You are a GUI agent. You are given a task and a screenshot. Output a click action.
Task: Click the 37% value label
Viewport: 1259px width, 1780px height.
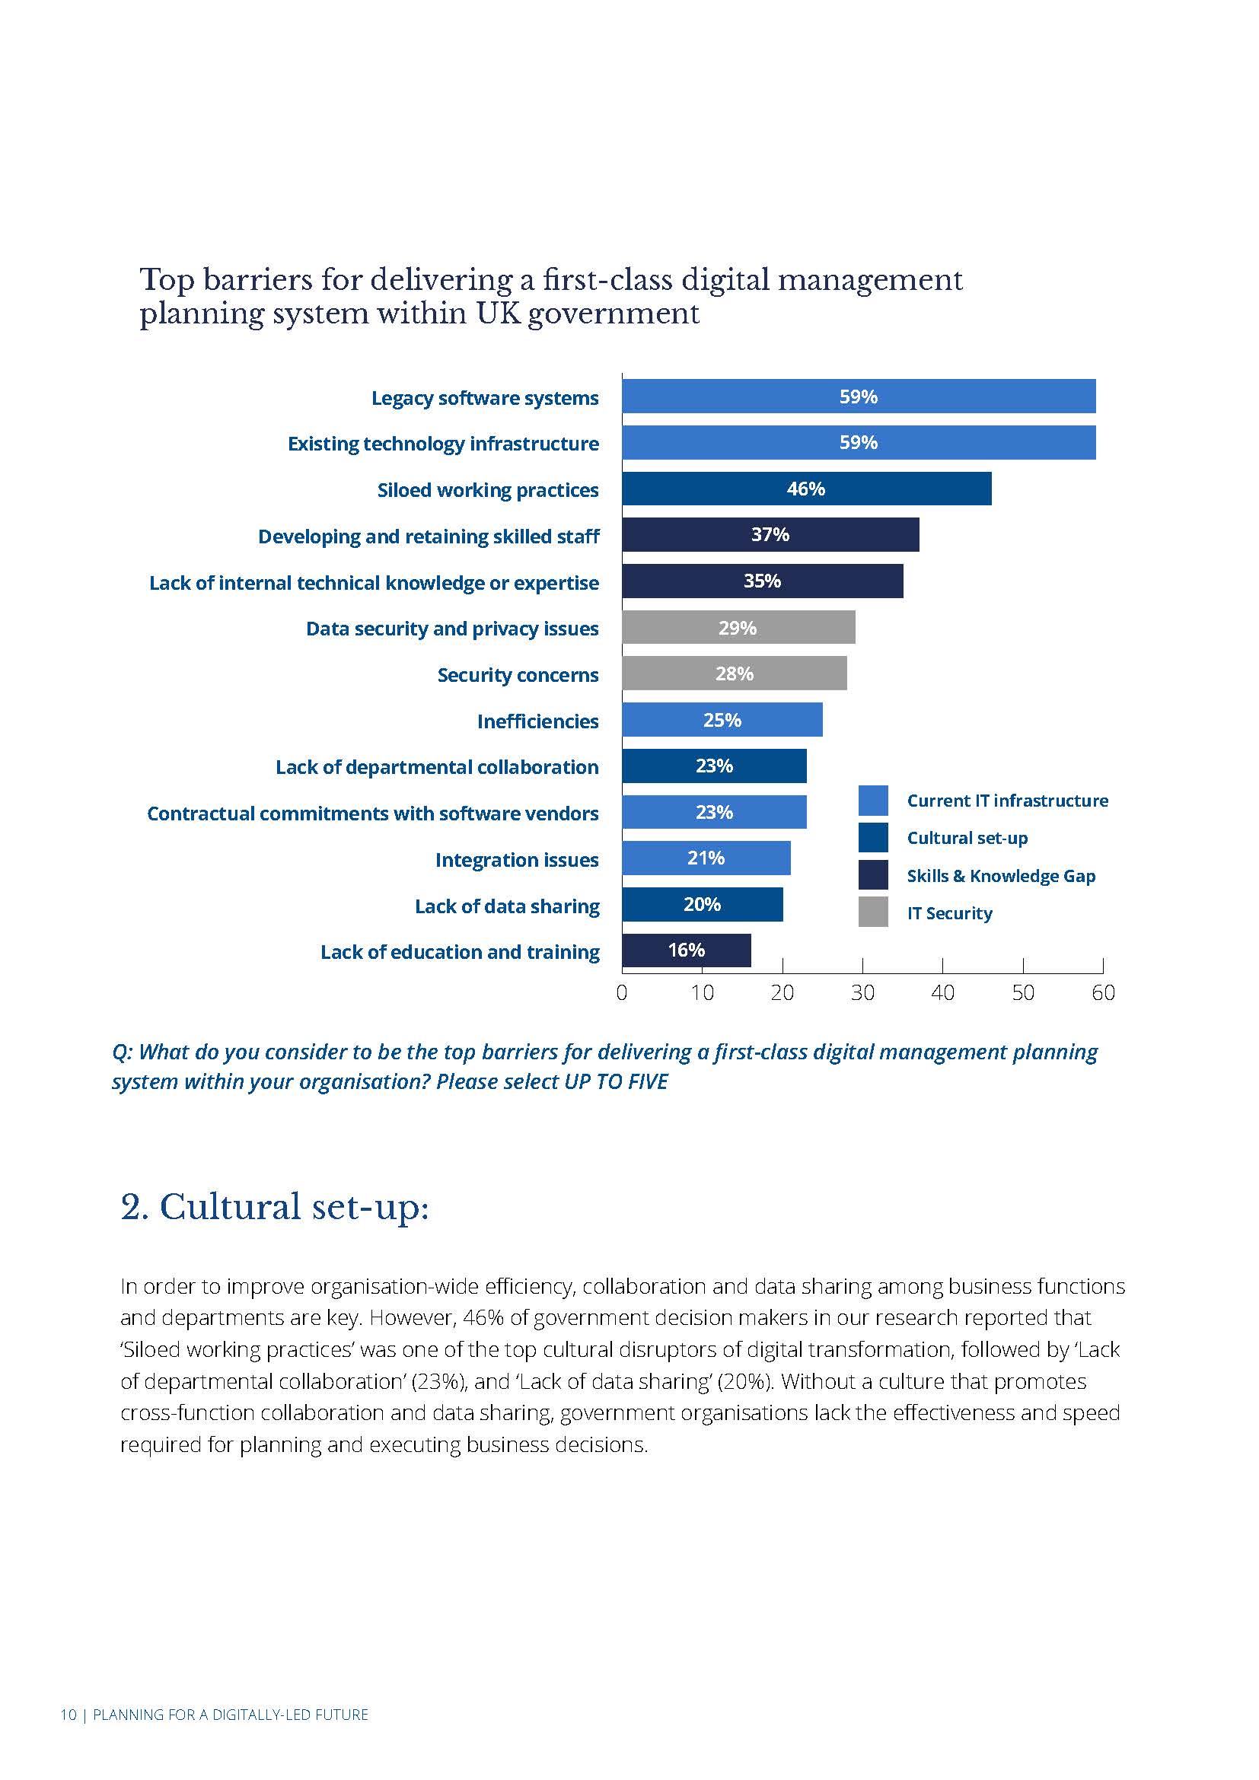[x=770, y=534]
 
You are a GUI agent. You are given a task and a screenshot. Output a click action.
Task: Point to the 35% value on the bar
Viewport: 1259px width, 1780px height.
[x=762, y=581]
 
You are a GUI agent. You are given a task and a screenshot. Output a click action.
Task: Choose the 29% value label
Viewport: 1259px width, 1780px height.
[x=738, y=627]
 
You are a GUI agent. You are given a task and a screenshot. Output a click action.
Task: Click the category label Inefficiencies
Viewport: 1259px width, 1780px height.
[x=537, y=721]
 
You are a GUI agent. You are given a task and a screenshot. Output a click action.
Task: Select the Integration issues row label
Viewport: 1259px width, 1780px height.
[x=516, y=860]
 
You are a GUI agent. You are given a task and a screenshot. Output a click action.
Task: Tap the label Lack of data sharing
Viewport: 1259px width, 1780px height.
[x=507, y=906]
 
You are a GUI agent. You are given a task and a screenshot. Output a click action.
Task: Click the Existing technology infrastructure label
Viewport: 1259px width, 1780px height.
[x=443, y=444]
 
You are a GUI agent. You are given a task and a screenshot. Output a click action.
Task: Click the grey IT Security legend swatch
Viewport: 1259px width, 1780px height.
[x=873, y=912]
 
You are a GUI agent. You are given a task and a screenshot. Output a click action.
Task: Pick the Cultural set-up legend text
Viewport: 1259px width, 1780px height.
[x=967, y=838]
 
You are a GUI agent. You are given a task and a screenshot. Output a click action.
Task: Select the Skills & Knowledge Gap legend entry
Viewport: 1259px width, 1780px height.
[x=1000, y=876]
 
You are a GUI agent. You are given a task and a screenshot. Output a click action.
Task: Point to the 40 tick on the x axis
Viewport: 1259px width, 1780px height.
[x=942, y=992]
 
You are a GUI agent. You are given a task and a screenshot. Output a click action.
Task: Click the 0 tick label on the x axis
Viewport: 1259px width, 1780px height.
[x=622, y=992]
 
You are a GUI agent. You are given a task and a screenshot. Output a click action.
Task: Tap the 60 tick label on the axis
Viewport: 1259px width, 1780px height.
[x=1102, y=992]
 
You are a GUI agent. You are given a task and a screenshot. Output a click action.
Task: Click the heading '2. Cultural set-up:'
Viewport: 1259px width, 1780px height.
[x=275, y=1207]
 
